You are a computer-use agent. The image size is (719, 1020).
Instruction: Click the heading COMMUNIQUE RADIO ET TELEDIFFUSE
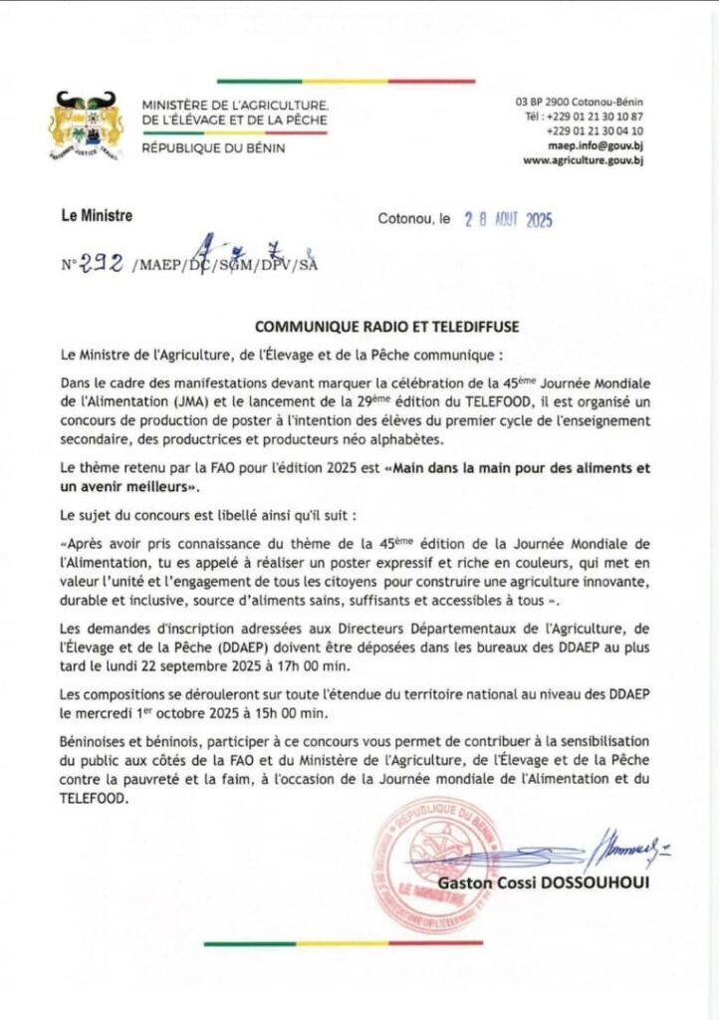click(359, 327)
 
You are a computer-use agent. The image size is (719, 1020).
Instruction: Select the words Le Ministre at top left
click(96, 215)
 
